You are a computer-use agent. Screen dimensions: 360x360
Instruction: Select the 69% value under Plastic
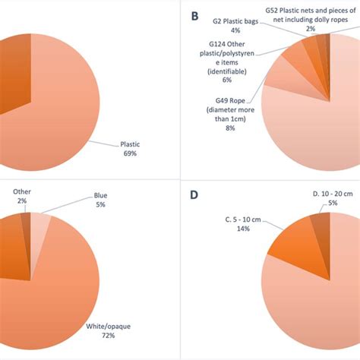click(x=130, y=153)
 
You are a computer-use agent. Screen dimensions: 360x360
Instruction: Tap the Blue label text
click(x=101, y=194)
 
